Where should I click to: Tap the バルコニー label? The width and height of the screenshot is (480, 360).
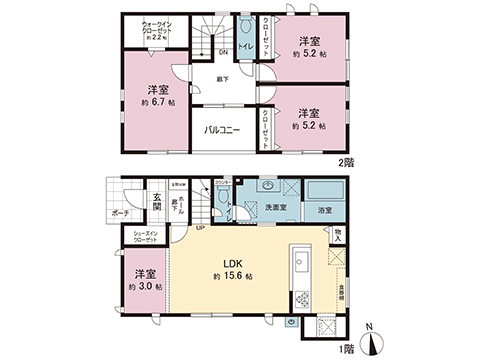point(222,130)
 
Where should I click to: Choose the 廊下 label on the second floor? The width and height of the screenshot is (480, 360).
point(222,77)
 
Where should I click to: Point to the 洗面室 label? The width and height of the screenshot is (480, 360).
point(275,207)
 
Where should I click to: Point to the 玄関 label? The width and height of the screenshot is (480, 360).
point(157,200)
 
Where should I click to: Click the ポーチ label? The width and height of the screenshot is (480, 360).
point(120,213)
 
